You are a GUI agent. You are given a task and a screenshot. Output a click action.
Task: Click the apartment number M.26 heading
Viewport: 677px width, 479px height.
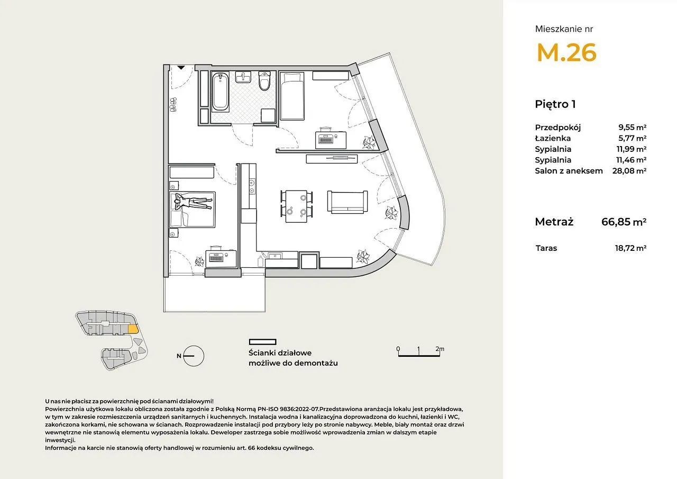[566, 52]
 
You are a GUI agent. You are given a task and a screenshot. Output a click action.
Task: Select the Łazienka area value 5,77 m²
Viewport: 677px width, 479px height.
[632, 138]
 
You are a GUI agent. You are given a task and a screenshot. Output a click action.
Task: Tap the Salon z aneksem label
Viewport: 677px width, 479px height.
[569, 171]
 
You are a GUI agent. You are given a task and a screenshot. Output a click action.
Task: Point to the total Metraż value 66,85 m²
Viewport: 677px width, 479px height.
[624, 222]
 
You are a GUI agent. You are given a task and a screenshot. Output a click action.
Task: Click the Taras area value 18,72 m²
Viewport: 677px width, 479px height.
[631, 248]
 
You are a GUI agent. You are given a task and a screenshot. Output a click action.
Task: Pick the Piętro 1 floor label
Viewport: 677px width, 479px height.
[555, 104]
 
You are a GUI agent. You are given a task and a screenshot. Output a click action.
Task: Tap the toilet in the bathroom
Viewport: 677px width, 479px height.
[265, 81]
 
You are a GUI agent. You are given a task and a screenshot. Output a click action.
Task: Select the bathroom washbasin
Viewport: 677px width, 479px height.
[243, 77]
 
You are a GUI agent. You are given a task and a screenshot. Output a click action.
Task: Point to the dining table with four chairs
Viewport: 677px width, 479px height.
[296, 206]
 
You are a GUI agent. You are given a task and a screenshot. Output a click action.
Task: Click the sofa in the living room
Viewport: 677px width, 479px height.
[347, 202]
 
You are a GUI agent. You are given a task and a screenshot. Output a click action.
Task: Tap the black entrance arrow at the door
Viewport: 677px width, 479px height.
[181, 68]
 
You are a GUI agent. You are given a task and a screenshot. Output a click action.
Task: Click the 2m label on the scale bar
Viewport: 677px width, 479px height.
[440, 349]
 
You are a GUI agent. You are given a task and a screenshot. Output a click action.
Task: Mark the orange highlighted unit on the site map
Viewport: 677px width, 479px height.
[133, 329]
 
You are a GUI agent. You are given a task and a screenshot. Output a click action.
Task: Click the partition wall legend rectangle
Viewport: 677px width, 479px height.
[263, 342]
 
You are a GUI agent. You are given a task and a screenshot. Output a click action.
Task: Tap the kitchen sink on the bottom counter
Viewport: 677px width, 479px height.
[275, 256]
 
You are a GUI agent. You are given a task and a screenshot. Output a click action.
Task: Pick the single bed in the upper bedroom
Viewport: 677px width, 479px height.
[291, 96]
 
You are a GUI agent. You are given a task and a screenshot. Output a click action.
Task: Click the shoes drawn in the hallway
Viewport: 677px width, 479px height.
[173, 105]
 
